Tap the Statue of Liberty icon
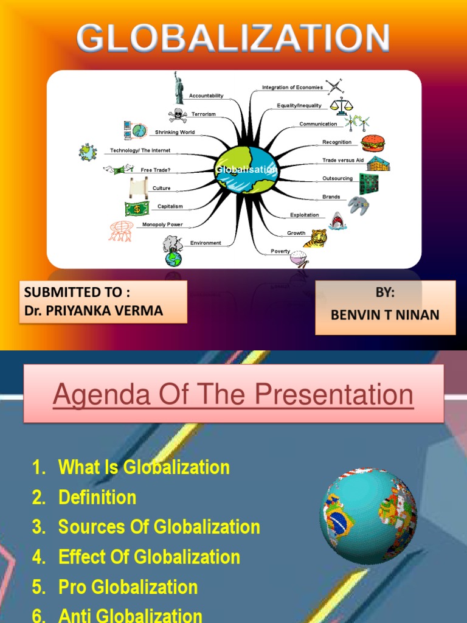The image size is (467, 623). pyautogui.click(x=179, y=88)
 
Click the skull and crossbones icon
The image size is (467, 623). pyautogui.click(x=178, y=115)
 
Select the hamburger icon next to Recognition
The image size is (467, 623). pyautogui.click(x=372, y=143)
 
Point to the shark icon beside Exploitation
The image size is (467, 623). pyautogui.click(x=337, y=221)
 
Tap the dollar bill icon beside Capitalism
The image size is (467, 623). pyautogui.click(x=136, y=209)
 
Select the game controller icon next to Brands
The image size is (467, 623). pyautogui.click(x=358, y=205)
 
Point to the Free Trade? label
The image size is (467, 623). pyautogui.click(x=156, y=170)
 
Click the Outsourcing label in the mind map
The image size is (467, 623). pyautogui.click(x=337, y=179)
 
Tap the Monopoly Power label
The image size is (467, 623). pyautogui.click(x=162, y=224)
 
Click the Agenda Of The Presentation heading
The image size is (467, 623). pyautogui.click(x=233, y=395)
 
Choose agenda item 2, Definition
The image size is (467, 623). pyautogui.click(x=97, y=498)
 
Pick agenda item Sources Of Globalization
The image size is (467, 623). pyautogui.click(x=159, y=527)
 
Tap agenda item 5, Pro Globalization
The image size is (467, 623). pyautogui.click(x=128, y=587)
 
